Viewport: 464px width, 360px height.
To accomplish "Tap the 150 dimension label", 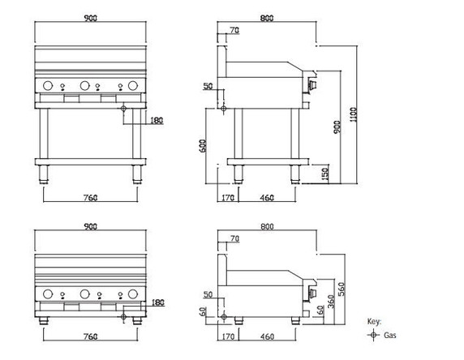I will pyautogui.click(x=324, y=174).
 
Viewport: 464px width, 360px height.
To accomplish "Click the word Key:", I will pyautogui.click(x=373, y=322).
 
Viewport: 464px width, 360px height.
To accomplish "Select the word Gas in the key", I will pyautogui.click(x=389, y=334).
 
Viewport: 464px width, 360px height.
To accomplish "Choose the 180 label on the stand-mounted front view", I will pyautogui.click(x=157, y=122).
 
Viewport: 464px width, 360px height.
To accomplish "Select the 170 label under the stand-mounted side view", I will pyautogui.click(x=226, y=196).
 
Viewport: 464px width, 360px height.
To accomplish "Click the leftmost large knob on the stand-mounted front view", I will pyautogui.click(x=48, y=85).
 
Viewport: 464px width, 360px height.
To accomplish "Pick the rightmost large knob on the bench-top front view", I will pyautogui.click(x=133, y=295).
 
